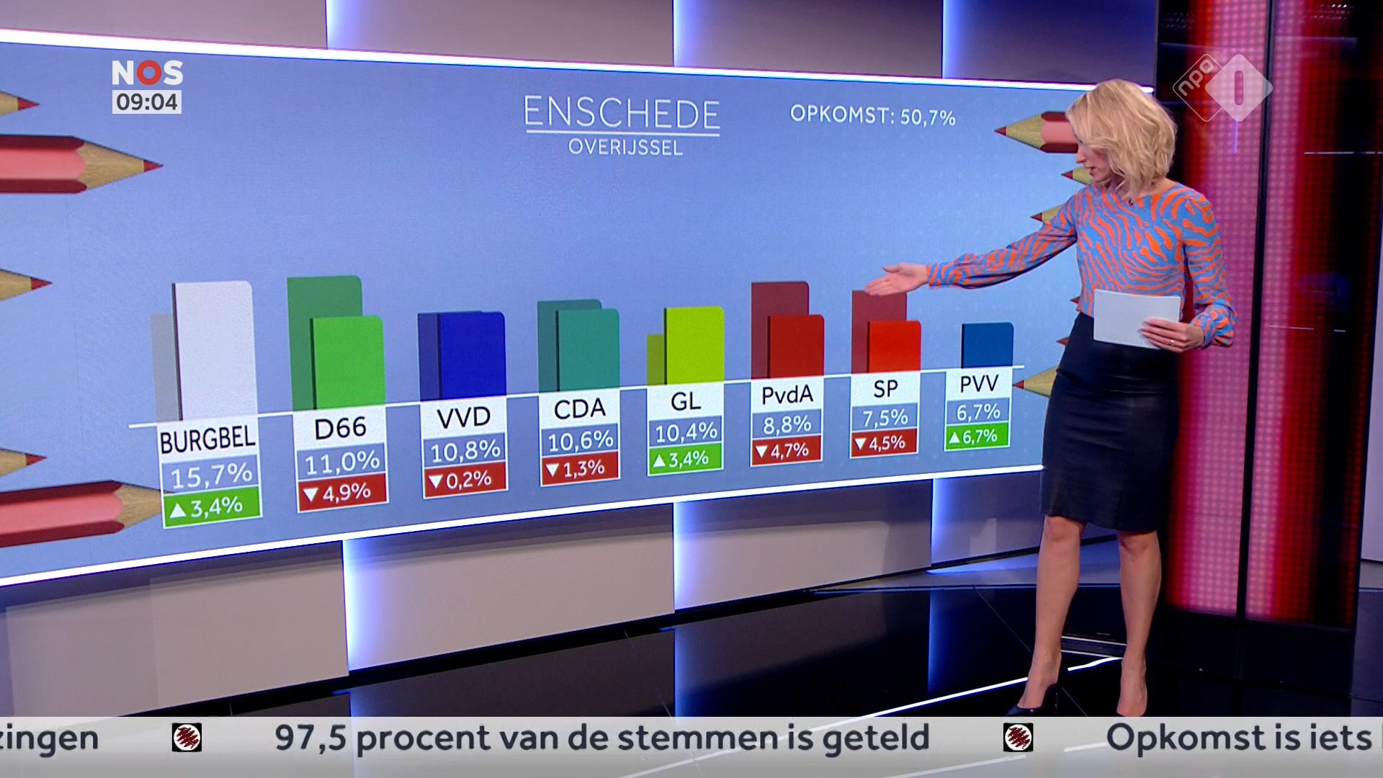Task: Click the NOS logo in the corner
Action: pyautogui.click(x=147, y=73)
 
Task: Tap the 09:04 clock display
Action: pyautogui.click(x=147, y=102)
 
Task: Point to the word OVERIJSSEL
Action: pyautogui.click(x=625, y=148)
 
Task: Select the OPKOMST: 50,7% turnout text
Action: pyautogui.click(x=872, y=115)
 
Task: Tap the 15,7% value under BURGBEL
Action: pyautogui.click(x=210, y=475)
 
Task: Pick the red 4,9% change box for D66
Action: pyautogui.click(x=342, y=493)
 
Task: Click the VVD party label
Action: pyautogui.click(x=464, y=417)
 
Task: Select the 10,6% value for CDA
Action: pyautogui.click(x=580, y=440)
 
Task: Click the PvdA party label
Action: pyautogui.click(x=787, y=395)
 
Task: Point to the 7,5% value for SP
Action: pyautogui.click(x=885, y=418)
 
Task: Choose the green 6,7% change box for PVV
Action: pyautogui.click(x=977, y=436)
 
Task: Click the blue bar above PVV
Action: pyautogui.click(x=987, y=345)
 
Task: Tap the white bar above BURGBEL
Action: pyautogui.click(x=215, y=349)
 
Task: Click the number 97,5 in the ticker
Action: pyautogui.click(x=310, y=738)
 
